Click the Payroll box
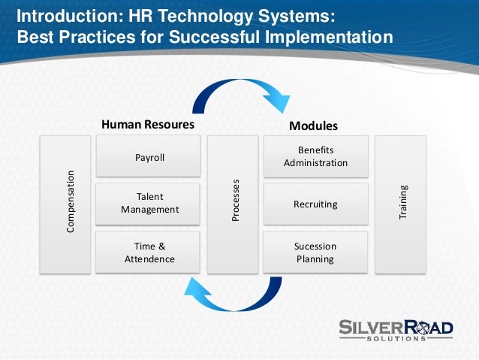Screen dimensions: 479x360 pos(149,158)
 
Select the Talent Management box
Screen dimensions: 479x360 pos(149,204)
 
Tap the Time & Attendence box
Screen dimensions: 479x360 pos(149,253)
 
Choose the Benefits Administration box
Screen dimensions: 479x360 pos(315,156)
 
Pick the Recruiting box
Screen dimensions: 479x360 pos(315,204)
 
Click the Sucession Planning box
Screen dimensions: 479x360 pos(315,253)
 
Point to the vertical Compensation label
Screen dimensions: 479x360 pos(71,201)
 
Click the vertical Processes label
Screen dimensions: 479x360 pos(234,201)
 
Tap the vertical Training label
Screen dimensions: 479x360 pos(402,201)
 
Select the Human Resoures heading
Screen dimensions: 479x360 pos(148,125)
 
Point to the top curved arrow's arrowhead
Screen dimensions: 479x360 pos(279,101)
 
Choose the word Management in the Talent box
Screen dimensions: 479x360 pos(149,210)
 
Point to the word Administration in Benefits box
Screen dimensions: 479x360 pos(315,162)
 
